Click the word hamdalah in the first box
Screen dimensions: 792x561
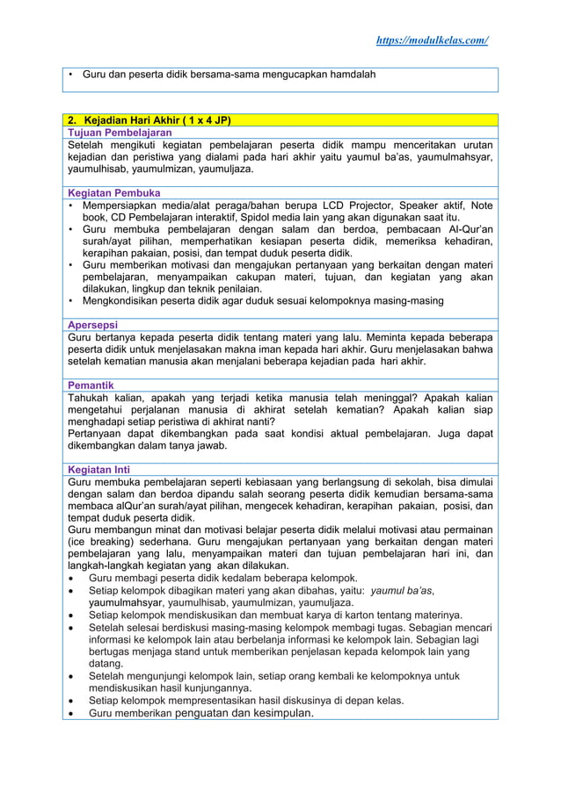tap(348, 75)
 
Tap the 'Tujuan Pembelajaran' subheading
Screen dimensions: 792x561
tap(120, 133)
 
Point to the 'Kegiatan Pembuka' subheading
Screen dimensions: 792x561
tap(113, 192)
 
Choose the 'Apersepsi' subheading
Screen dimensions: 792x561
tap(94, 325)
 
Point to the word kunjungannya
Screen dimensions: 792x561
tap(214, 688)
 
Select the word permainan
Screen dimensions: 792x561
tap(464, 529)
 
